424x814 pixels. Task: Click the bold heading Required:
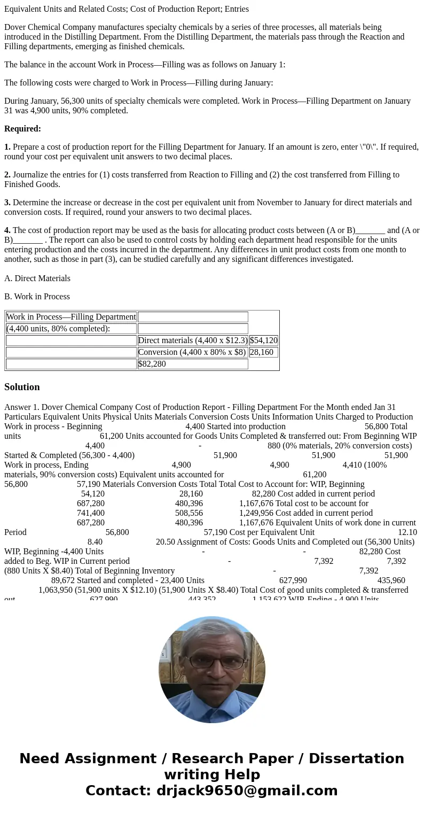coord(22,129)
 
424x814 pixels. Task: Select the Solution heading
coord(22,387)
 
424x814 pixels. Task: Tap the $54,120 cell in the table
coord(263,340)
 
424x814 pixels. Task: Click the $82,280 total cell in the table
coord(152,364)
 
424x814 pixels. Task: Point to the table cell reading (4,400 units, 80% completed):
coord(58,329)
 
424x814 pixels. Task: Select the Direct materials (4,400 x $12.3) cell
coord(193,340)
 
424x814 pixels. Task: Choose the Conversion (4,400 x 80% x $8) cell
coord(192,352)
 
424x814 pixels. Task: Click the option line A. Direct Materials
coord(37,278)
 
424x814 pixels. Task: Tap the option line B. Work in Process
coord(37,297)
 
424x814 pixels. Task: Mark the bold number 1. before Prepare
coord(7,147)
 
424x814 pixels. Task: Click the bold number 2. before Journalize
coord(7,175)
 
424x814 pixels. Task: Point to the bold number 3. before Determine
coord(7,203)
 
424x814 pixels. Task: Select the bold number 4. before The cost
coord(7,230)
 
